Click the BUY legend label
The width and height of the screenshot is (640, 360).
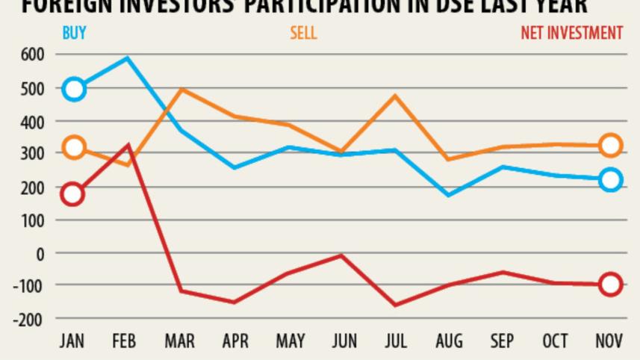[x=74, y=33]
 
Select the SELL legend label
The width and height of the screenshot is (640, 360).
[x=303, y=33]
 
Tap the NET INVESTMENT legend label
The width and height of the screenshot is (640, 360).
[x=571, y=33]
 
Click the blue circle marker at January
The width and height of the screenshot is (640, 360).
[x=74, y=89]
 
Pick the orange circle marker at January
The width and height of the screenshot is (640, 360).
[x=73, y=147]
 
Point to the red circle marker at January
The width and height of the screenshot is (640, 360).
[x=72, y=194]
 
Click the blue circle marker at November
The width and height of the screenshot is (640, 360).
[x=610, y=179]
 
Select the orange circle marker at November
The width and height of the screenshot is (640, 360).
[x=610, y=146]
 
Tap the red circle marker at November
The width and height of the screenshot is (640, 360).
[x=610, y=284]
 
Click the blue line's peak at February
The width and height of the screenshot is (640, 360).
[x=128, y=58]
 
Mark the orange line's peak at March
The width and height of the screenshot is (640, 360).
[x=181, y=90]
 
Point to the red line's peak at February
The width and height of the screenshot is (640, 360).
[x=128, y=146]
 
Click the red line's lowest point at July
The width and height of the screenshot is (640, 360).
[x=395, y=305]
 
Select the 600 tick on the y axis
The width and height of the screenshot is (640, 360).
[x=32, y=55]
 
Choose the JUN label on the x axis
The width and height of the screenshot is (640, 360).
[x=344, y=341]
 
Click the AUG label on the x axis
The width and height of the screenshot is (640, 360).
[x=449, y=341]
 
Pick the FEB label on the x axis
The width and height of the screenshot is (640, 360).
[x=124, y=341]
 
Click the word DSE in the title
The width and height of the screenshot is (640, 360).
[x=436, y=6]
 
